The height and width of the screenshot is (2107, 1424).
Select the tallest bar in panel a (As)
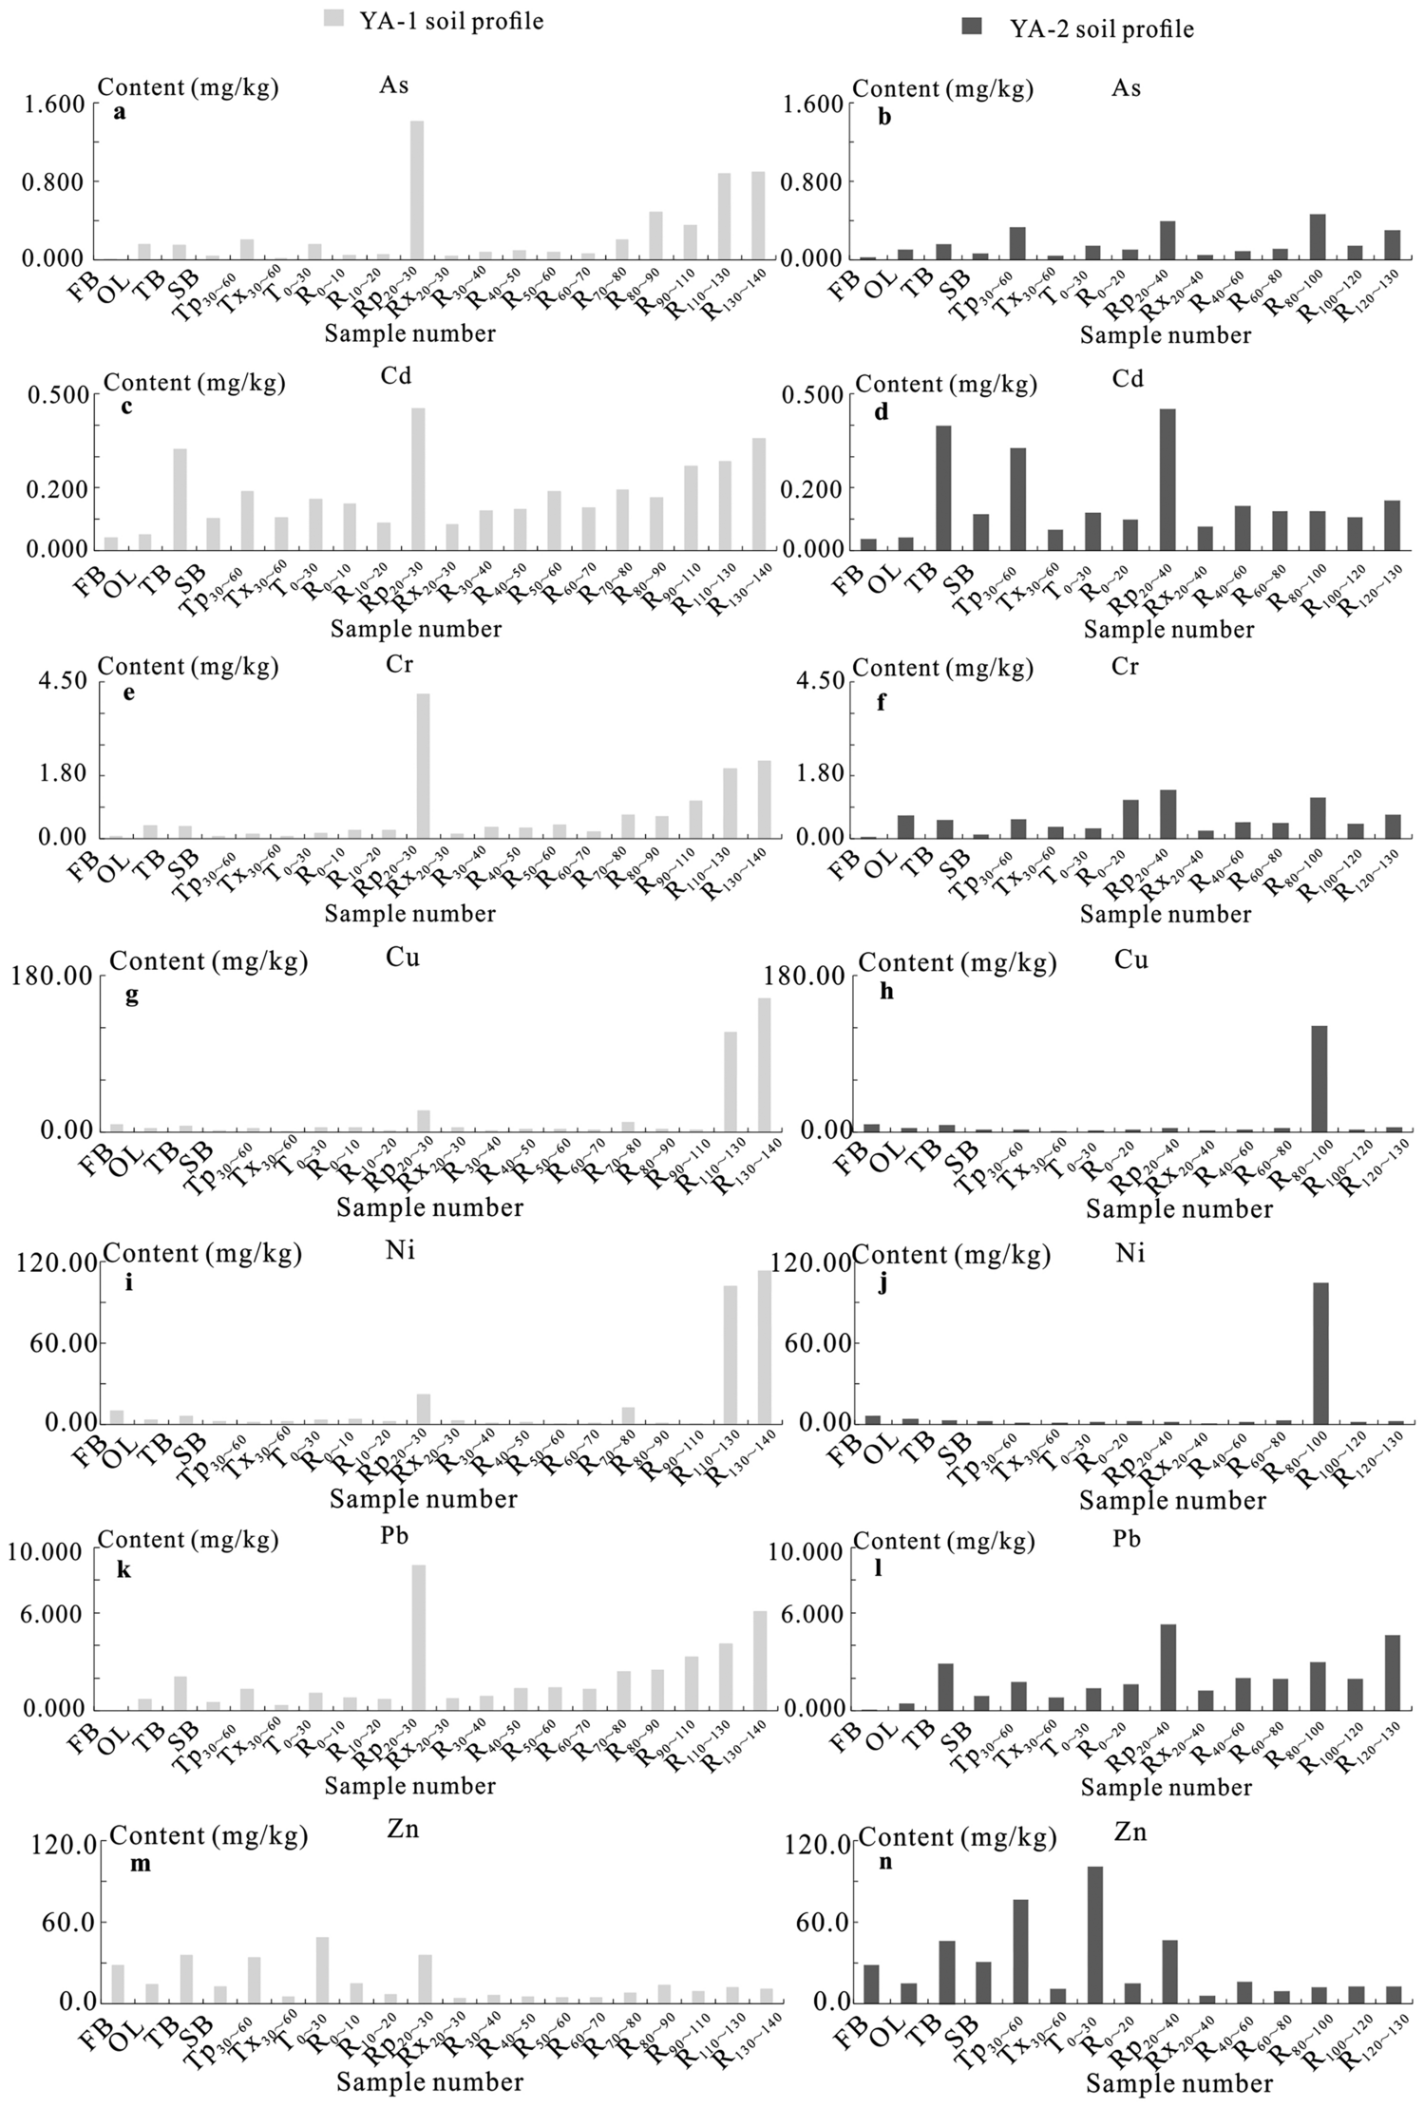click(x=416, y=190)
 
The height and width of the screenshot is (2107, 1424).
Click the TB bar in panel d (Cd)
click(x=943, y=487)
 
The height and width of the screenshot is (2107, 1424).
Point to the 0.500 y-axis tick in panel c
click(x=60, y=395)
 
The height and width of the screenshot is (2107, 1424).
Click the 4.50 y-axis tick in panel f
click(x=816, y=681)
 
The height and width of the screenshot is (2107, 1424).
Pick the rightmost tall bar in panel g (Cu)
click(x=764, y=1064)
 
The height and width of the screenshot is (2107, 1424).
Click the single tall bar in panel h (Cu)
click(x=1319, y=1078)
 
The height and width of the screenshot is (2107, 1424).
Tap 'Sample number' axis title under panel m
click(x=429, y=2082)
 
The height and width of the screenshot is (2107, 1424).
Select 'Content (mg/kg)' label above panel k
click(x=188, y=1540)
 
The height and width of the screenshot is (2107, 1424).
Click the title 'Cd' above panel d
click(x=1128, y=379)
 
